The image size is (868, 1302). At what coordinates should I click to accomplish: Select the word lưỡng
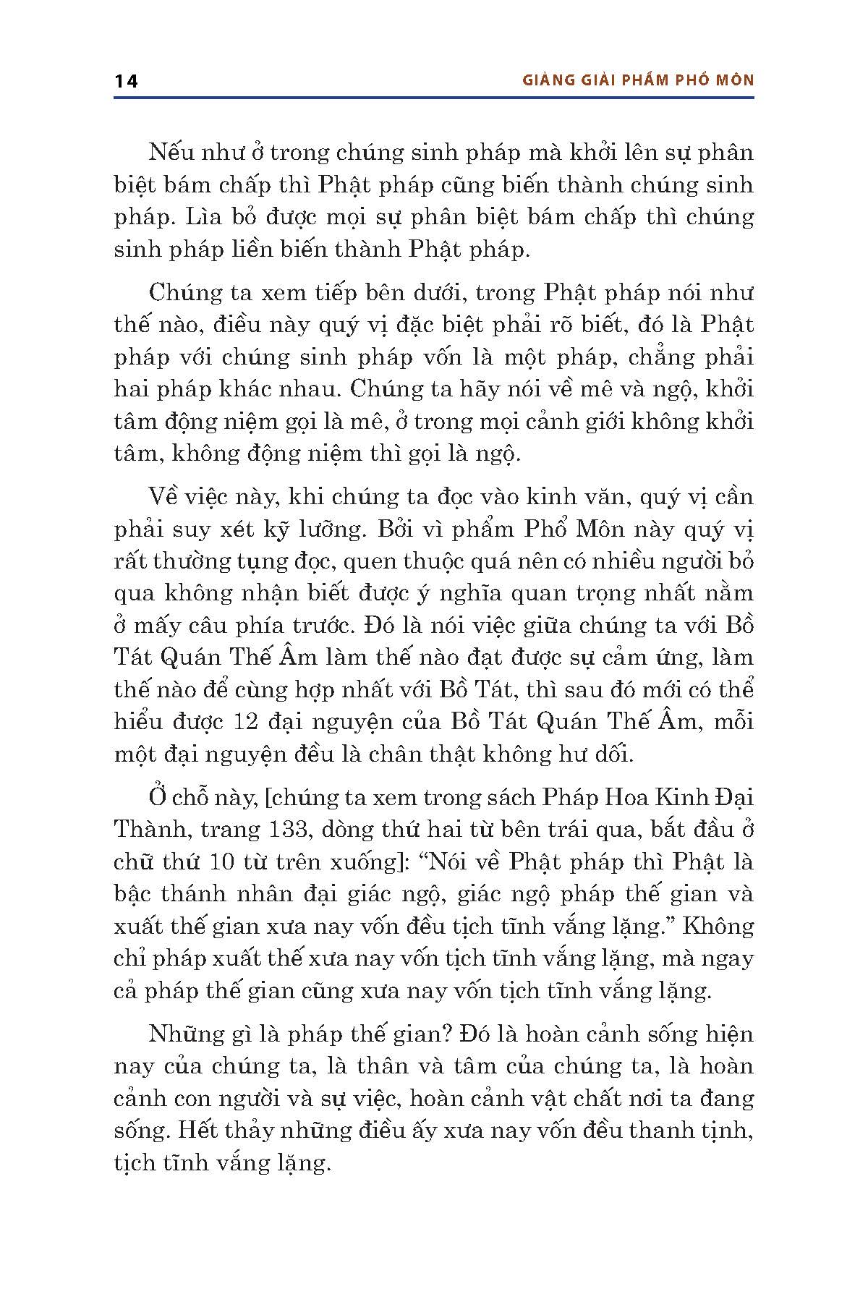(x=327, y=529)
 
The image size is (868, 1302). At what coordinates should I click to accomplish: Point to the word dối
(x=617, y=754)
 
